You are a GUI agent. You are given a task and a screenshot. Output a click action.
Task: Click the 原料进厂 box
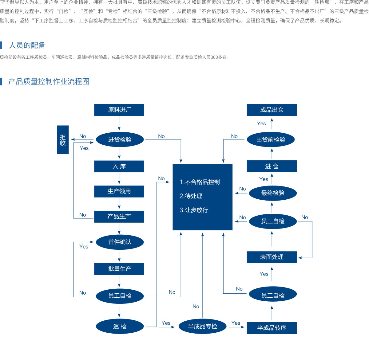119,110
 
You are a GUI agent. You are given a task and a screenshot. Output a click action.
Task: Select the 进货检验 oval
120,140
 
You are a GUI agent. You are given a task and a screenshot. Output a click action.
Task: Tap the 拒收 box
63,140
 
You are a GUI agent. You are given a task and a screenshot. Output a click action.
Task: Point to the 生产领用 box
119,191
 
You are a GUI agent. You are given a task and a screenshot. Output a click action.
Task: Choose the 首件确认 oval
120,242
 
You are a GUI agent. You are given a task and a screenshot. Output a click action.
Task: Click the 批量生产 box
119,269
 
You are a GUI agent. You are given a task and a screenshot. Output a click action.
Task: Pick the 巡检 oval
120,326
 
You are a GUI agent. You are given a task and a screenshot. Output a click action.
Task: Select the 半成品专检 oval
202,326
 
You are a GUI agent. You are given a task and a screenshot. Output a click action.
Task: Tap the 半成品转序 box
272,328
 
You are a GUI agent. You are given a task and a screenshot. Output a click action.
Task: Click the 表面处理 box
272,257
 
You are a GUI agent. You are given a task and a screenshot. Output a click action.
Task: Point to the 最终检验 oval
273,193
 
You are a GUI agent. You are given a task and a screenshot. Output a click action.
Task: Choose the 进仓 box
272,166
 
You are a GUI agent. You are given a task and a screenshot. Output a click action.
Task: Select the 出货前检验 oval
271,140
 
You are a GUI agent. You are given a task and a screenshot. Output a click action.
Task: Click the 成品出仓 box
272,110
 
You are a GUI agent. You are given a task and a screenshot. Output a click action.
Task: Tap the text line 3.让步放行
194,210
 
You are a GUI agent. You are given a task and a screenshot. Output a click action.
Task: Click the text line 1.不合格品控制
200,182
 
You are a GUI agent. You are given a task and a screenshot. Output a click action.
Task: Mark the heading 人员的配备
27,45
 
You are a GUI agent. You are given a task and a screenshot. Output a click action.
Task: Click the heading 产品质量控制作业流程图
49,82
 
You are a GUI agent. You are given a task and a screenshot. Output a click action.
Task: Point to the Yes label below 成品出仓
261,123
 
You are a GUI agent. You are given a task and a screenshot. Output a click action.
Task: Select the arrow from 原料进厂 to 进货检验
119,124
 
